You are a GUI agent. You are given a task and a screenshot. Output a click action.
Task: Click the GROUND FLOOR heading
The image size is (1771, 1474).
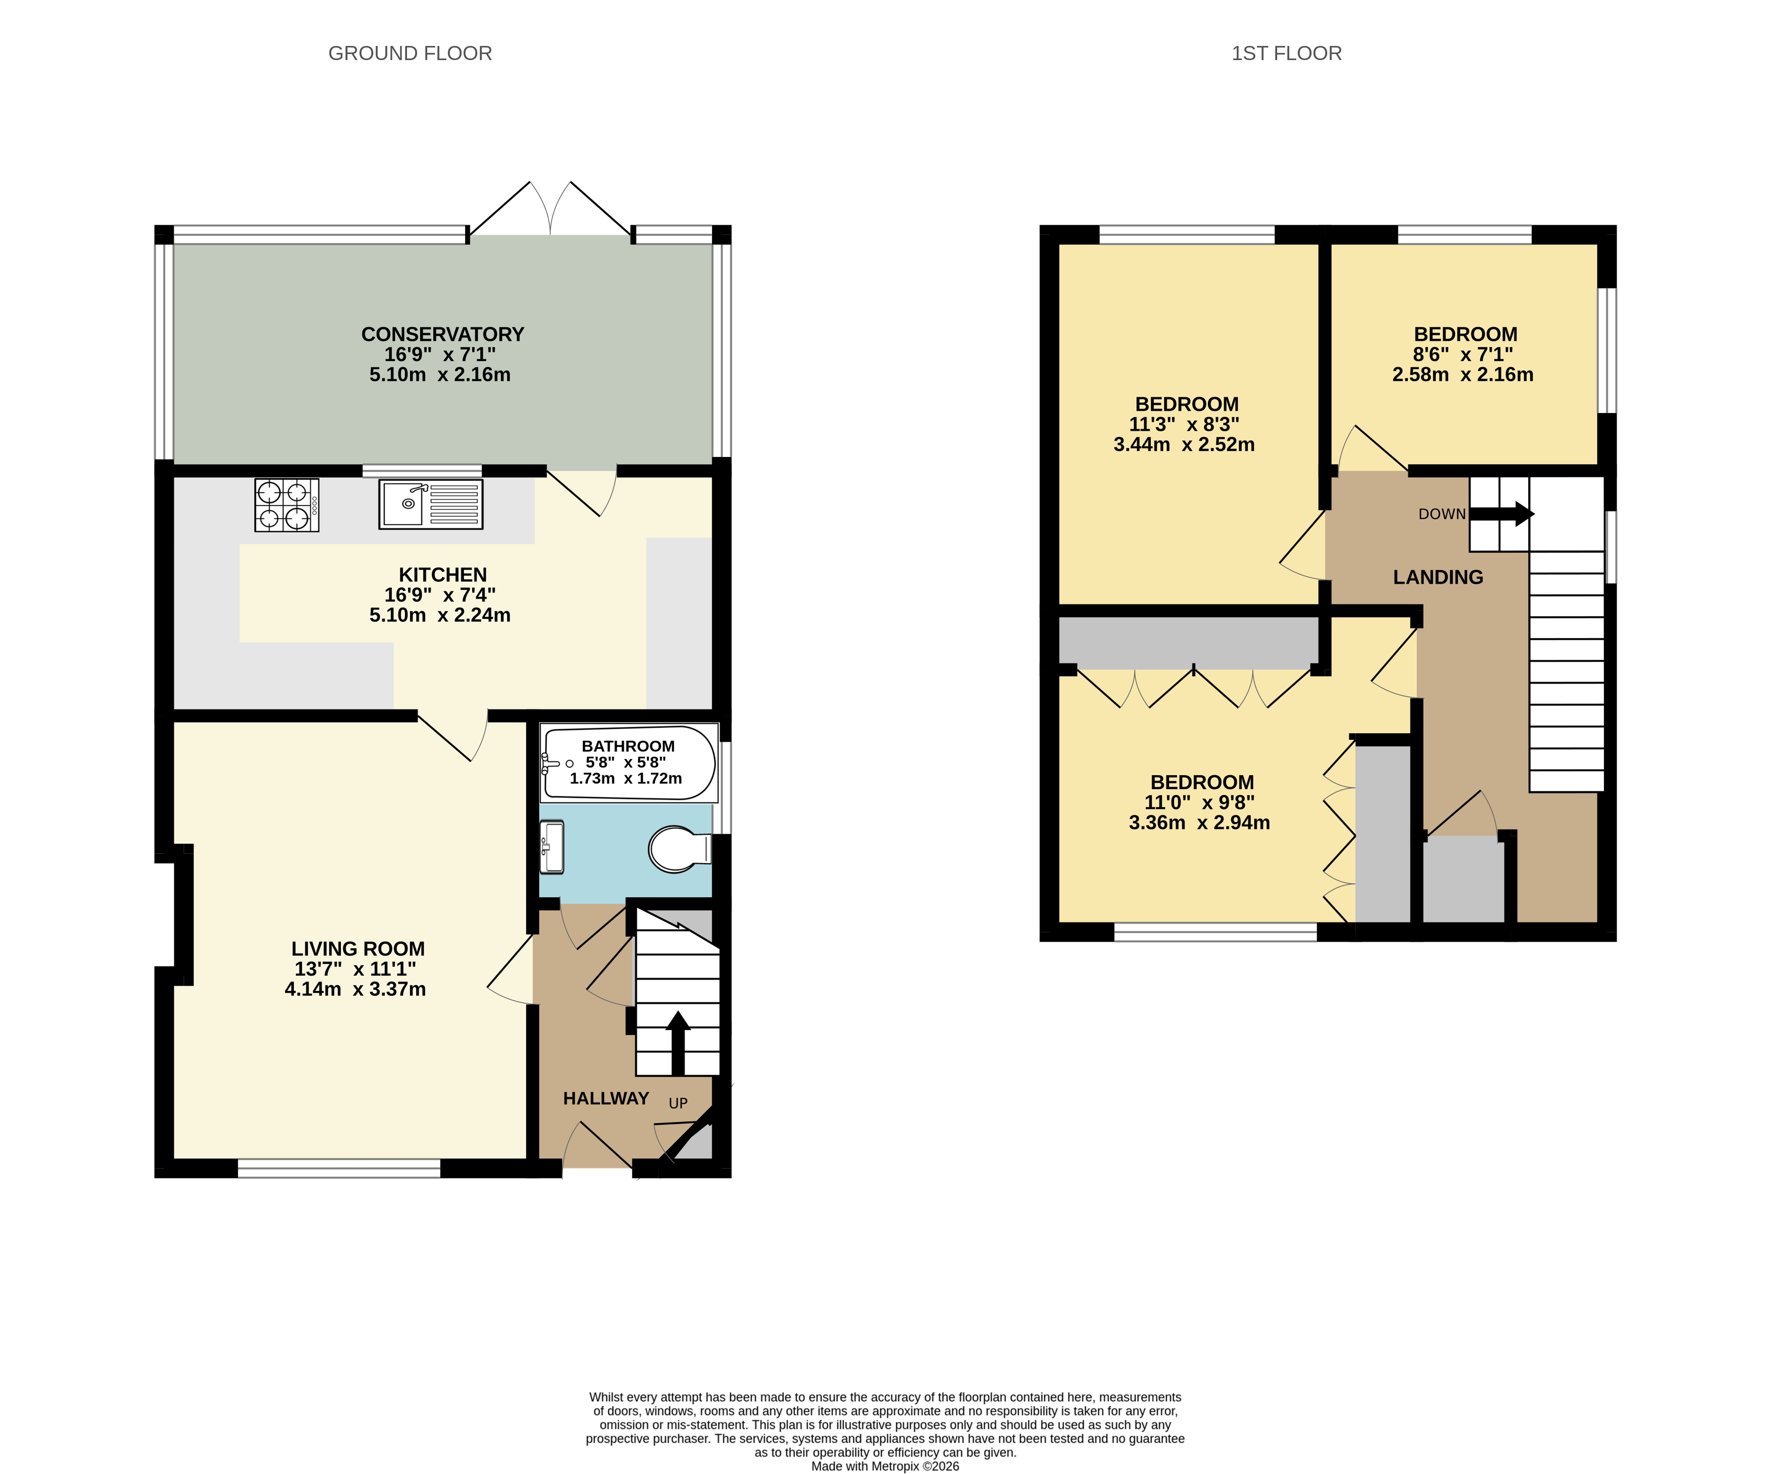(410, 53)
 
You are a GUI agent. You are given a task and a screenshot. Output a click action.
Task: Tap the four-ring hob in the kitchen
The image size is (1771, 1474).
(287, 505)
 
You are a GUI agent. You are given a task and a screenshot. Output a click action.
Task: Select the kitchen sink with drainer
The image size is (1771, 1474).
(431, 504)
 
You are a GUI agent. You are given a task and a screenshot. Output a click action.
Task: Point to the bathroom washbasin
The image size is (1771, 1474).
(551, 847)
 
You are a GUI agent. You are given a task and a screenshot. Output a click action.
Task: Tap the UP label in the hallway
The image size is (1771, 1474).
(678, 1103)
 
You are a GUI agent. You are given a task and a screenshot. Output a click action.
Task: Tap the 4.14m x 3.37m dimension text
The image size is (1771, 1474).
(355, 989)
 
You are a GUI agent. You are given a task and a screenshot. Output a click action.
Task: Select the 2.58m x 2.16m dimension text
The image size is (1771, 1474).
(1462, 374)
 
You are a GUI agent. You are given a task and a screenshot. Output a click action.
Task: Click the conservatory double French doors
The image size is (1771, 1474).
(550, 211)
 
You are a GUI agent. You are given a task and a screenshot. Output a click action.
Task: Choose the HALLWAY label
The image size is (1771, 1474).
(605, 1098)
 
